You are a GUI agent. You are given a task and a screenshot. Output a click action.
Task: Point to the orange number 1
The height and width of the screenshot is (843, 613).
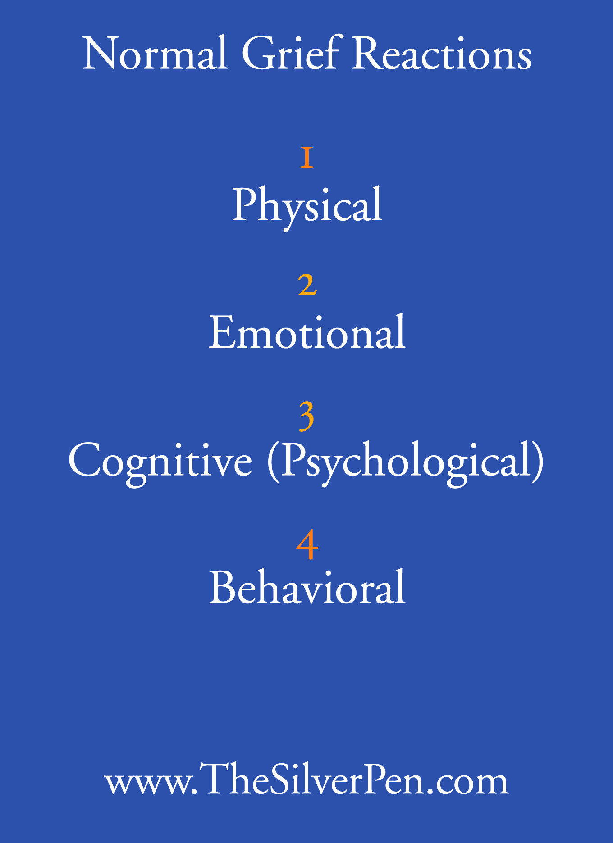click(307, 157)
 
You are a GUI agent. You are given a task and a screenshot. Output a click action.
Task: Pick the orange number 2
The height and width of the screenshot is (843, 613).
click(307, 285)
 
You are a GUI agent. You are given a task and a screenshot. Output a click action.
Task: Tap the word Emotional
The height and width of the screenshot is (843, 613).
click(307, 332)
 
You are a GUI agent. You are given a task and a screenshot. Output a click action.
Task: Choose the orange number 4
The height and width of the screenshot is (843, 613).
click(307, 544)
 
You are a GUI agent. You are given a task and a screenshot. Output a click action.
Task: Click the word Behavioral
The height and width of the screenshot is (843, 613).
click(307, 587)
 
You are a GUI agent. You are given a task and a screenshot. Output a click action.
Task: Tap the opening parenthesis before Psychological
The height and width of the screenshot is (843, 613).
click(272, 462)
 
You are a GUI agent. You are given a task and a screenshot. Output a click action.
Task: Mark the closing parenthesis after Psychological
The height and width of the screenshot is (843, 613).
click(538, 462)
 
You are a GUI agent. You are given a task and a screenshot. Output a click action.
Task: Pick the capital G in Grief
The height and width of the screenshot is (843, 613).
click(259, 54)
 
